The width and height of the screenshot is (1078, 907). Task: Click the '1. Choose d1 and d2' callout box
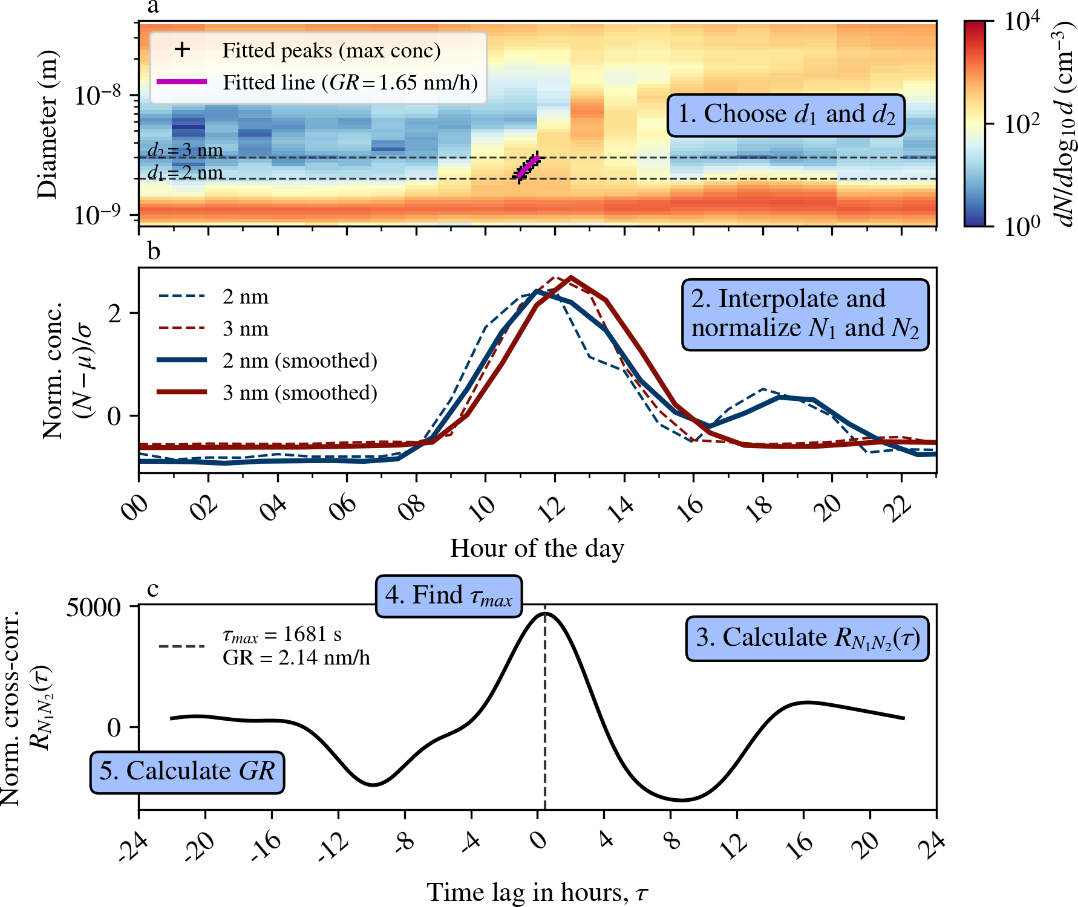coord(786,115)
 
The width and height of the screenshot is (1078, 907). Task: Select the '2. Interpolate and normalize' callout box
coord(805,314)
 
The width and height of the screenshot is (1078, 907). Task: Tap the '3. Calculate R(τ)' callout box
coord(807,639)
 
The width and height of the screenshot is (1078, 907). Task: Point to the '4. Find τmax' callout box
coord(449,596)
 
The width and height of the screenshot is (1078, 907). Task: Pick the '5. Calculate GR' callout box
coord(187,772)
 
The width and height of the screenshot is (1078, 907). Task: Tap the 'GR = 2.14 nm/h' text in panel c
coord(296,658)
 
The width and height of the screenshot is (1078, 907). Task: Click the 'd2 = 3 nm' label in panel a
coord(185,150)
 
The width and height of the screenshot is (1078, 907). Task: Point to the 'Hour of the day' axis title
coord(537,548)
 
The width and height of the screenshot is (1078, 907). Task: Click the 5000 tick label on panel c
coord(94,607)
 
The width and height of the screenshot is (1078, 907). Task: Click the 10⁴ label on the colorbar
coord(1021,22)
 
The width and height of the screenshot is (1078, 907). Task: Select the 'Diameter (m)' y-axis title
coord(47,124)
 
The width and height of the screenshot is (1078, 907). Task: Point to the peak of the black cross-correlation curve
coord(545,613)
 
